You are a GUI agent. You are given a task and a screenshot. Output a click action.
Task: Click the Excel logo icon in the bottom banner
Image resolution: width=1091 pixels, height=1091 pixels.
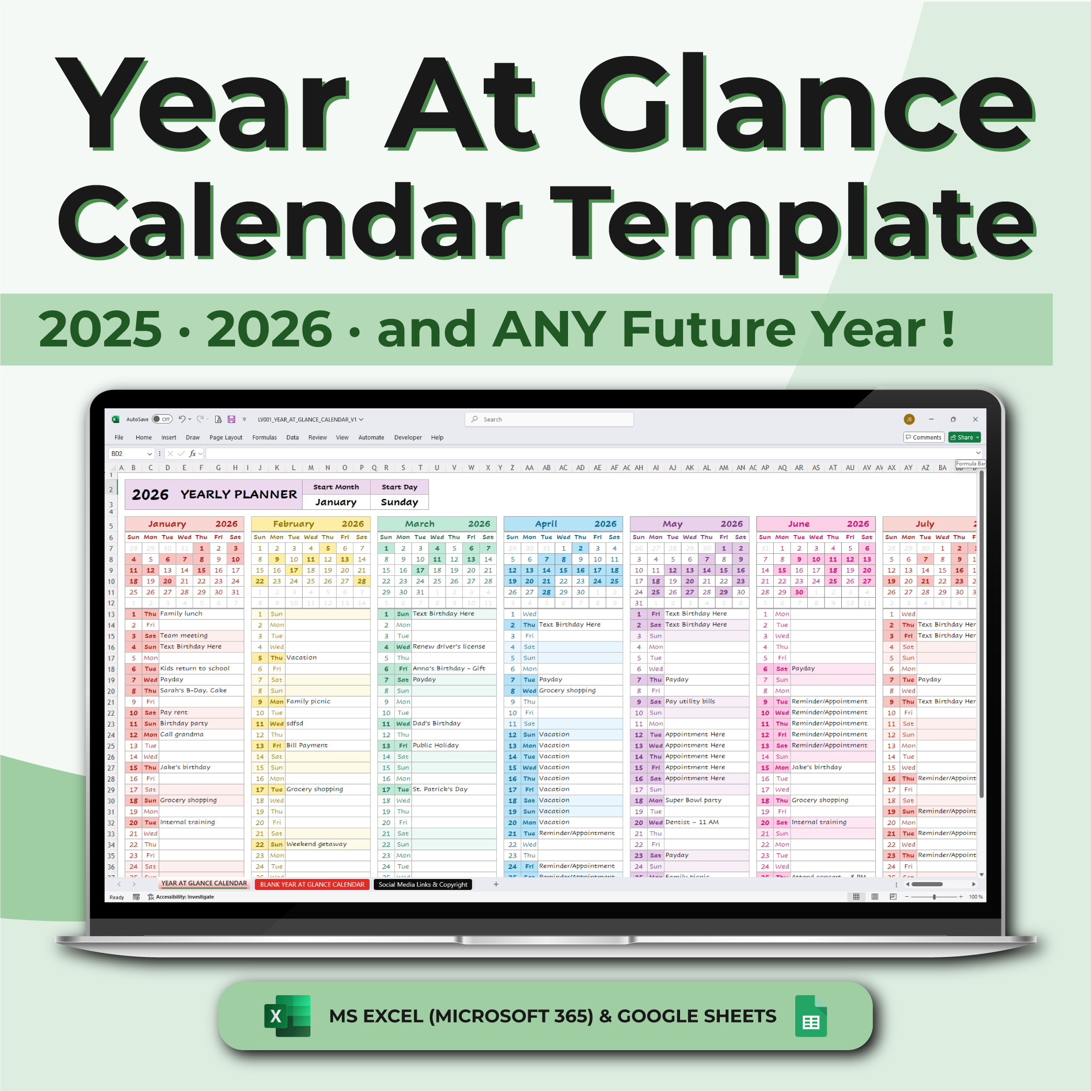287,1016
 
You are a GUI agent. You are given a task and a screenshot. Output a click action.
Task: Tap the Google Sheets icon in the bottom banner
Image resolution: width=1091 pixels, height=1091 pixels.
810,1016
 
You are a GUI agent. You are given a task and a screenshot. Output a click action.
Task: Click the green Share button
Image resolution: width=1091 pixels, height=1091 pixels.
964,437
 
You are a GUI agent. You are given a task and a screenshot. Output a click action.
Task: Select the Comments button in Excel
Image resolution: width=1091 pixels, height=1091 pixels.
924,437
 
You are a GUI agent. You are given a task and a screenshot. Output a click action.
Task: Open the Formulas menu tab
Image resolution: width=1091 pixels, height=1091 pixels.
264,437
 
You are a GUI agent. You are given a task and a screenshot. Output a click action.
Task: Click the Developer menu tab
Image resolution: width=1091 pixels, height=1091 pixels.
408,437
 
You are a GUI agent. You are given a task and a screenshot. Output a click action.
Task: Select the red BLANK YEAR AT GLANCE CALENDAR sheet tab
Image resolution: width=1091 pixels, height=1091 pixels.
311,884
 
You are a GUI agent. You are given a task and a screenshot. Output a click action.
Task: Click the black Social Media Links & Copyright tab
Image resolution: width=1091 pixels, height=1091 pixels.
422,884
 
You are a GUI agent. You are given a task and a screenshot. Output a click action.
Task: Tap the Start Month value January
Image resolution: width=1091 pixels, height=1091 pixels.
336,502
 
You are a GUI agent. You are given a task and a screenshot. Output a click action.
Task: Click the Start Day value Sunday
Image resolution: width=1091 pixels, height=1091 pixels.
399,502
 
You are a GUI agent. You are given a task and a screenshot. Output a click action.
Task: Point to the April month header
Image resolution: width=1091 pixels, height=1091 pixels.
546,524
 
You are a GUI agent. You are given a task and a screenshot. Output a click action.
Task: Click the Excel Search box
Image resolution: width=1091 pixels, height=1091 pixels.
549,419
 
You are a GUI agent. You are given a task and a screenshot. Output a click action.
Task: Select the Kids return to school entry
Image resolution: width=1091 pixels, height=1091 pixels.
195,668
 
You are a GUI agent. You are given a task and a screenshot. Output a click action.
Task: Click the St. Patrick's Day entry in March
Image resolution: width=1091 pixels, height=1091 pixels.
440,789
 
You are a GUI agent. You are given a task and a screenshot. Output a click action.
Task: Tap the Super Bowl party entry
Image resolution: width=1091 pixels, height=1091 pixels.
693,799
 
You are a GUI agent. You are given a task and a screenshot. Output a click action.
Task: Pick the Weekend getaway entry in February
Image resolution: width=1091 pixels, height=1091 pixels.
316,844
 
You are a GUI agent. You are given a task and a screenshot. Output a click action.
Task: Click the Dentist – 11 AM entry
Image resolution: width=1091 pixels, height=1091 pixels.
692,821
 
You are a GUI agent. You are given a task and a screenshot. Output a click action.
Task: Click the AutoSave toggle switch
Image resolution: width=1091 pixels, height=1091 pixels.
162,419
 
